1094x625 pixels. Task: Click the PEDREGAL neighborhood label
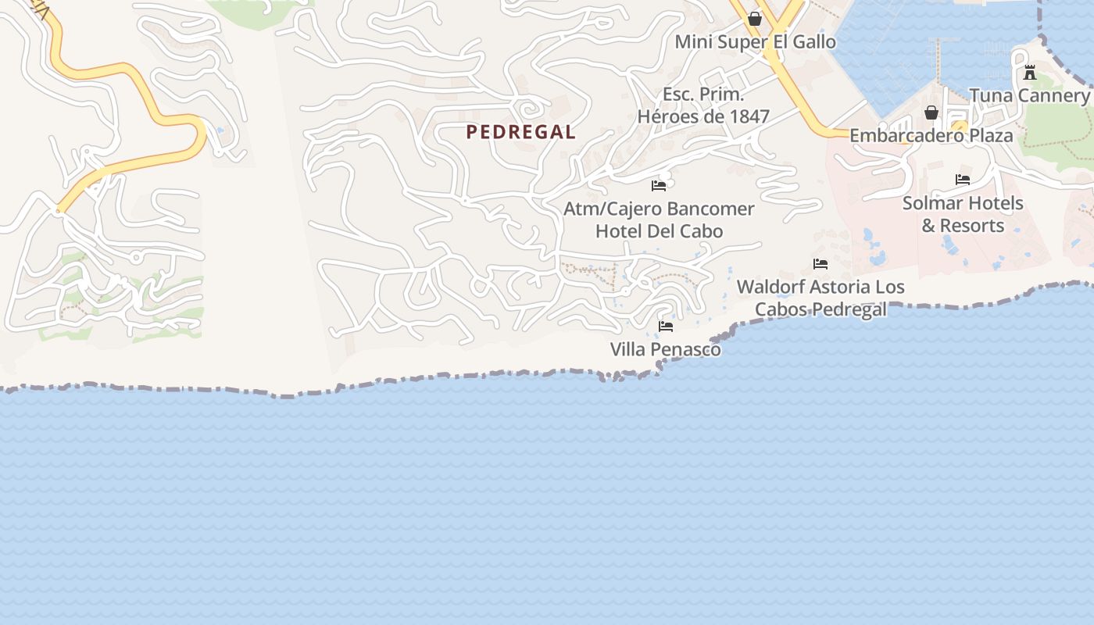coord(520,132)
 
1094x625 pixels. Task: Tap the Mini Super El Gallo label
coord(755,41)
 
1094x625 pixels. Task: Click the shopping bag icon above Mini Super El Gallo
coord(755,19)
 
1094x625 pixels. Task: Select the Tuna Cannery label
coord(1029,95)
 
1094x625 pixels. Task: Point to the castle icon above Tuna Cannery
coord(1030,73)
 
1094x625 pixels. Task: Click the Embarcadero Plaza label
coord(931,135)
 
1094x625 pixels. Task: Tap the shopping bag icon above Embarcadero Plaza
coord(931,112)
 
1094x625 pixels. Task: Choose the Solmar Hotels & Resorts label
coord(963,214)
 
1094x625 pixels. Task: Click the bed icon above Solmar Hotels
coord(963,180)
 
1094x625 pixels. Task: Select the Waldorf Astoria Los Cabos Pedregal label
coord(820,298)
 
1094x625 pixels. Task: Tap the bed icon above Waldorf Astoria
coord(820,264)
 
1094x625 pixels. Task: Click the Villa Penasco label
coord(665,349)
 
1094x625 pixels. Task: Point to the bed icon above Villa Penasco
coord(666,326)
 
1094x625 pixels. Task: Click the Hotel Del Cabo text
coord(659,231)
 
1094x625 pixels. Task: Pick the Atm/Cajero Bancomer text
coord(659,209)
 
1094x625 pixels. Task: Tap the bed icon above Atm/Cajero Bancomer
coord(659,186)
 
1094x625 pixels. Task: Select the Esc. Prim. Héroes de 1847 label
coord(703,105)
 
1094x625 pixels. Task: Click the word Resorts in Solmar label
coord(972,226)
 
